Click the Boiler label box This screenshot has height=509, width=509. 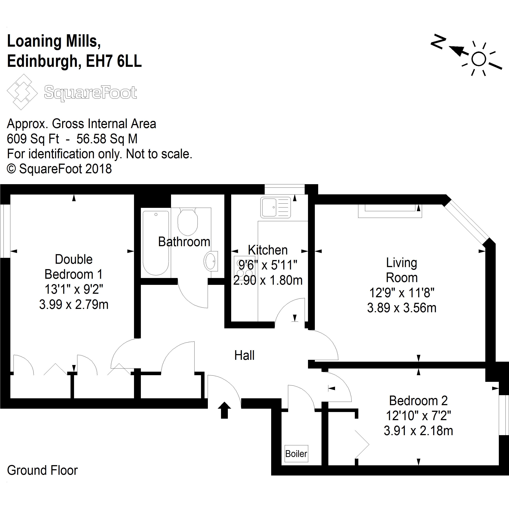coord(296,454)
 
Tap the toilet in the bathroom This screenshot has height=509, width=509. coord(187,221)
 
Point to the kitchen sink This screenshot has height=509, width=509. coord(275,207)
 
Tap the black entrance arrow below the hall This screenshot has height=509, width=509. coord(224,410)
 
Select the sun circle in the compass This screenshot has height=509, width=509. coord(478,59)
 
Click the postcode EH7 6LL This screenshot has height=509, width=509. coord(114,61)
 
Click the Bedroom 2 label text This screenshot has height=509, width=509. coord(418,401)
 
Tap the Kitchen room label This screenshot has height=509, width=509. coord(268,250)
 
